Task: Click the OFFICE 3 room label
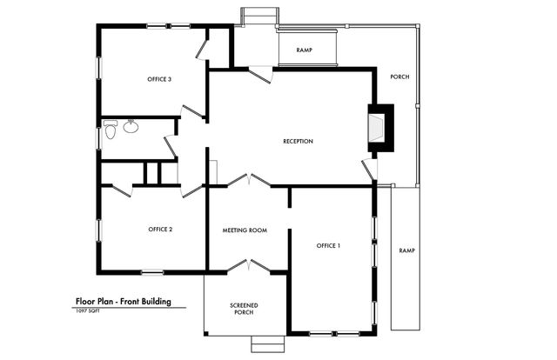click(158, 80)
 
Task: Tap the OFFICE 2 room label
click(160, 230)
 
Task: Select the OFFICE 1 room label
click(328, 246)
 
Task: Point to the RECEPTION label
click(298, 142)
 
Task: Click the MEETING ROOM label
click(245, 230)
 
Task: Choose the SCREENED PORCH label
click(244, 308)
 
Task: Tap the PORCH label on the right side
click(399, 77)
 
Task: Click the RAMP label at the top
click(305, 50)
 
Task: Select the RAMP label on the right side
click(406, 250)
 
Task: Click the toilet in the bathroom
click(111, 130)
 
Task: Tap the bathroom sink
click(131, 128)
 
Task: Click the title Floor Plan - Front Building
click(123, 302)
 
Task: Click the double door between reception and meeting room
click(249, 182)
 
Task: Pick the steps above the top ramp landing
click(258, 17)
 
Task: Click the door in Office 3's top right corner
click(203, 45)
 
